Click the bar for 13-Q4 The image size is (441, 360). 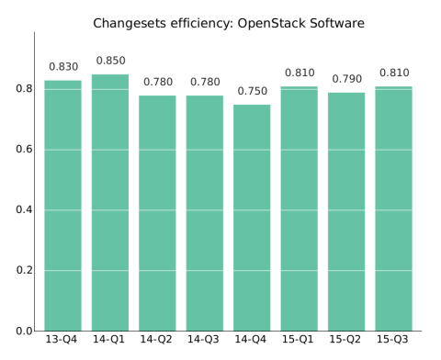pos(62,206)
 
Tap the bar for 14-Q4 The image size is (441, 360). pos(252,218)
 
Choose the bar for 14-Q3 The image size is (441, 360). pos(205,213)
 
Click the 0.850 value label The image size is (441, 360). pos(110,62)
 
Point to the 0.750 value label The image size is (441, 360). pos(252,92)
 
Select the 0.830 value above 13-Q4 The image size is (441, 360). pos(62,67)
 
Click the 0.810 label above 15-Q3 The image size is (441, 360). pos(394,73)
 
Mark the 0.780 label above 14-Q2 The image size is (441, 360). pos(157,83)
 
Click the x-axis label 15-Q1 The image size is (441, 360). pos(300,340)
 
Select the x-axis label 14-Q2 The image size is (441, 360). pos(157,340)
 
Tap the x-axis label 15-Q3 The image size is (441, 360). pos(394,340)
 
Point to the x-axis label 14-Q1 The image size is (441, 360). pos(110,340)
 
